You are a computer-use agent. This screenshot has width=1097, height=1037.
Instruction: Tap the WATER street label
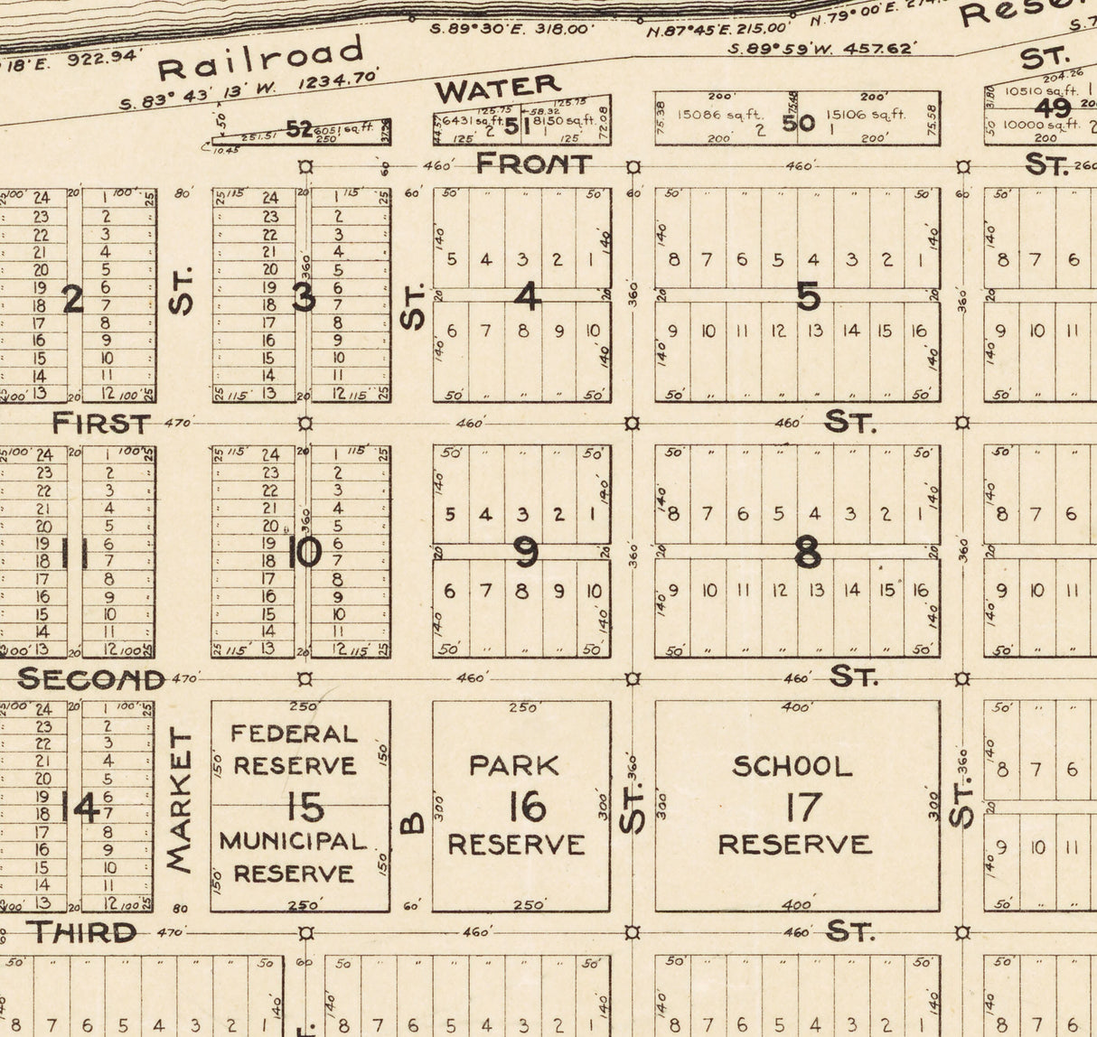tap(498, 89)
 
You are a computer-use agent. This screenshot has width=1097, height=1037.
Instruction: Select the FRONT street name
tap(533, 163)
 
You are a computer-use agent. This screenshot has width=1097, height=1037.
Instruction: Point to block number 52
tap(299, 130)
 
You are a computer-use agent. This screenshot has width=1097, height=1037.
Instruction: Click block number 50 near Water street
tap(798, 122)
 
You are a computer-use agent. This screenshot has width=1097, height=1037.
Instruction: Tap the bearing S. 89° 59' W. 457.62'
tap(822, 48)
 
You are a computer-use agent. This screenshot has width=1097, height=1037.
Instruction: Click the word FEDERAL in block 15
tap(294, 733)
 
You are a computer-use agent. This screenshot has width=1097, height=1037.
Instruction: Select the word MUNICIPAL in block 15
tap(293, 841)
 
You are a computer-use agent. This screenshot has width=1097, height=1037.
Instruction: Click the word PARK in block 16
tap(514, 766)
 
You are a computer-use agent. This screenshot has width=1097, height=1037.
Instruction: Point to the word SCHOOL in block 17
tap(792, 767)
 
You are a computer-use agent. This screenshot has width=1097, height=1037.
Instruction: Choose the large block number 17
tap(801, 807)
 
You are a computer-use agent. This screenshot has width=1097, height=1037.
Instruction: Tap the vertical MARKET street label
tap(181, 800)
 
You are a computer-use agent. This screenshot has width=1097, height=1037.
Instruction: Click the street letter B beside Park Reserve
tap(412, 822)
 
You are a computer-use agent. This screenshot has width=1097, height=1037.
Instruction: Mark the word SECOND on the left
tap(91, 678)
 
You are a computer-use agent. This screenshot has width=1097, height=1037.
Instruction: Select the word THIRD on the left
tap(80, 931)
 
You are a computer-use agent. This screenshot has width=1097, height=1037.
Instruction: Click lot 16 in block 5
tap(919, 332)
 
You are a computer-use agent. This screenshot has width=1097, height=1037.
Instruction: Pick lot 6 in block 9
tap(450, 591)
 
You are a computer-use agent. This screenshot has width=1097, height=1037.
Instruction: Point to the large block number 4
tap(527, 295)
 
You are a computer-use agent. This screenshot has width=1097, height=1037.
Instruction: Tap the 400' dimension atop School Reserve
tap(795, 707)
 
